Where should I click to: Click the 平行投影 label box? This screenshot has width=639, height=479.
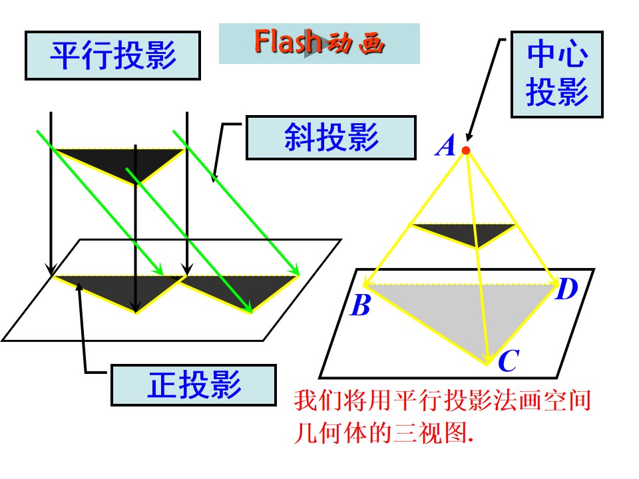[x=113, y=55]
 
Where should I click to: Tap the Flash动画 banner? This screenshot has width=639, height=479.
[x=319, y=43]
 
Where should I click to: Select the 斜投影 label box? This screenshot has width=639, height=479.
[x=331, y=137]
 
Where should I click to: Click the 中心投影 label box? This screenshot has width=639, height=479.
[x=556, y=74]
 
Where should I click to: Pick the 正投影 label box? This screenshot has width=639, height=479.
[x=194, y=385]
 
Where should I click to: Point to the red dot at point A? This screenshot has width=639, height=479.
[x=466, y=151]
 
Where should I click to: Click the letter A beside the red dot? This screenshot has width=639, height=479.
[x=445, y=146]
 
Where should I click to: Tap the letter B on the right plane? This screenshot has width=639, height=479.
[x=361, y=305]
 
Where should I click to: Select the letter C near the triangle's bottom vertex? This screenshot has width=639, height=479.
[x=509, y=361]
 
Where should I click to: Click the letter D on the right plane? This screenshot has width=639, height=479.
[x=566, y=289]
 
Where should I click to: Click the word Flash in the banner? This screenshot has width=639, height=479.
[x=288, y=41]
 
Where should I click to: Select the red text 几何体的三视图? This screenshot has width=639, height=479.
[x=383, y=432]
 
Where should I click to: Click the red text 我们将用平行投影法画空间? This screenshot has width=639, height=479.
[x=443, y=400]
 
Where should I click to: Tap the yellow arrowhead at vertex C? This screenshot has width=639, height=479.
[x=487, y=359]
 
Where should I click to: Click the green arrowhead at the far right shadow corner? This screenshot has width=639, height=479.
[x=295, y=271]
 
